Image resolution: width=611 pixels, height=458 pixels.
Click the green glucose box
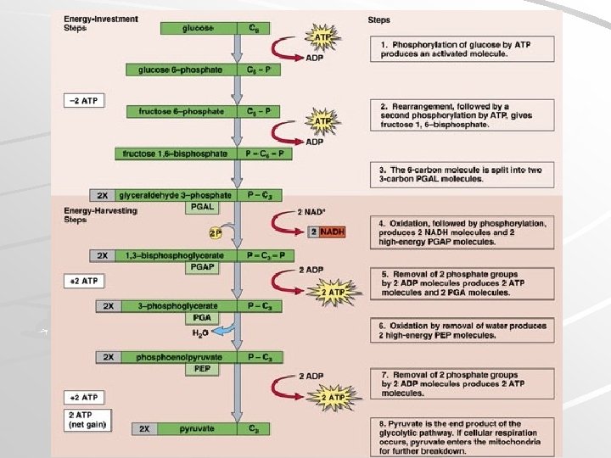tap(198, 28)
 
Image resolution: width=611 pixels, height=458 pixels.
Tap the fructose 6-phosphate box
tap(177, 111)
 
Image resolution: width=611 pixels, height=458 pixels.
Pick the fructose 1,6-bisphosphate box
tap(175, 154)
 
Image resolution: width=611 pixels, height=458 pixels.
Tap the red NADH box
tap(332, 232)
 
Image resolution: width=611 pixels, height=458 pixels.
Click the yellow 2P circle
tap(217, 232)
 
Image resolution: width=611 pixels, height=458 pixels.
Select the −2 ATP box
tap(83, 101)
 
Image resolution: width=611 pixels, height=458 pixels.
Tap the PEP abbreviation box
tap(201, 369)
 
